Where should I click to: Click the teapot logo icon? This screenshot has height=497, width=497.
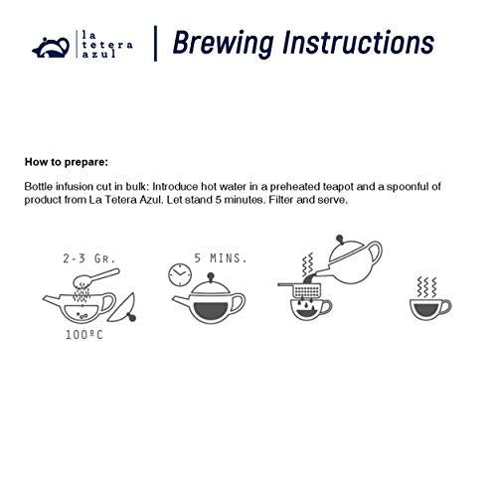tap(51, 48)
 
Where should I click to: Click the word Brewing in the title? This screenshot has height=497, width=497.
tap(224, 43)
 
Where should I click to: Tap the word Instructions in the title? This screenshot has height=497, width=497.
tap(358, 42)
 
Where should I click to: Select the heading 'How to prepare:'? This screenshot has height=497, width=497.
tap(67, 162)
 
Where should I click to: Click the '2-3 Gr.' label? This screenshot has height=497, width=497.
tap(89, 258)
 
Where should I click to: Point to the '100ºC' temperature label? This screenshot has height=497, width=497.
tap(84, 335)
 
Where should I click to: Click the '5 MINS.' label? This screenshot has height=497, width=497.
tap(221, 258)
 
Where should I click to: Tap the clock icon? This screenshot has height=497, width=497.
tap(180, 274)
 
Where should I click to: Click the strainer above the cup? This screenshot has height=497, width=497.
tap(301, 289)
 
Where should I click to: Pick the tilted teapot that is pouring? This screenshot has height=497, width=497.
tap(351, 261)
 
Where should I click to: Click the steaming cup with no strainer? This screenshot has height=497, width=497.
tap(430, 309)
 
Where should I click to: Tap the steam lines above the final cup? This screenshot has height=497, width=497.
tap(427, 287)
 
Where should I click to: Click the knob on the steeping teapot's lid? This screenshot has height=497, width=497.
tap(210, 276)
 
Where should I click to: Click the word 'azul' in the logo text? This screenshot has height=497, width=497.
tap(99, 54)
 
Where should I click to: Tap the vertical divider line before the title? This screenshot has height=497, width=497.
tap(155, 44)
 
